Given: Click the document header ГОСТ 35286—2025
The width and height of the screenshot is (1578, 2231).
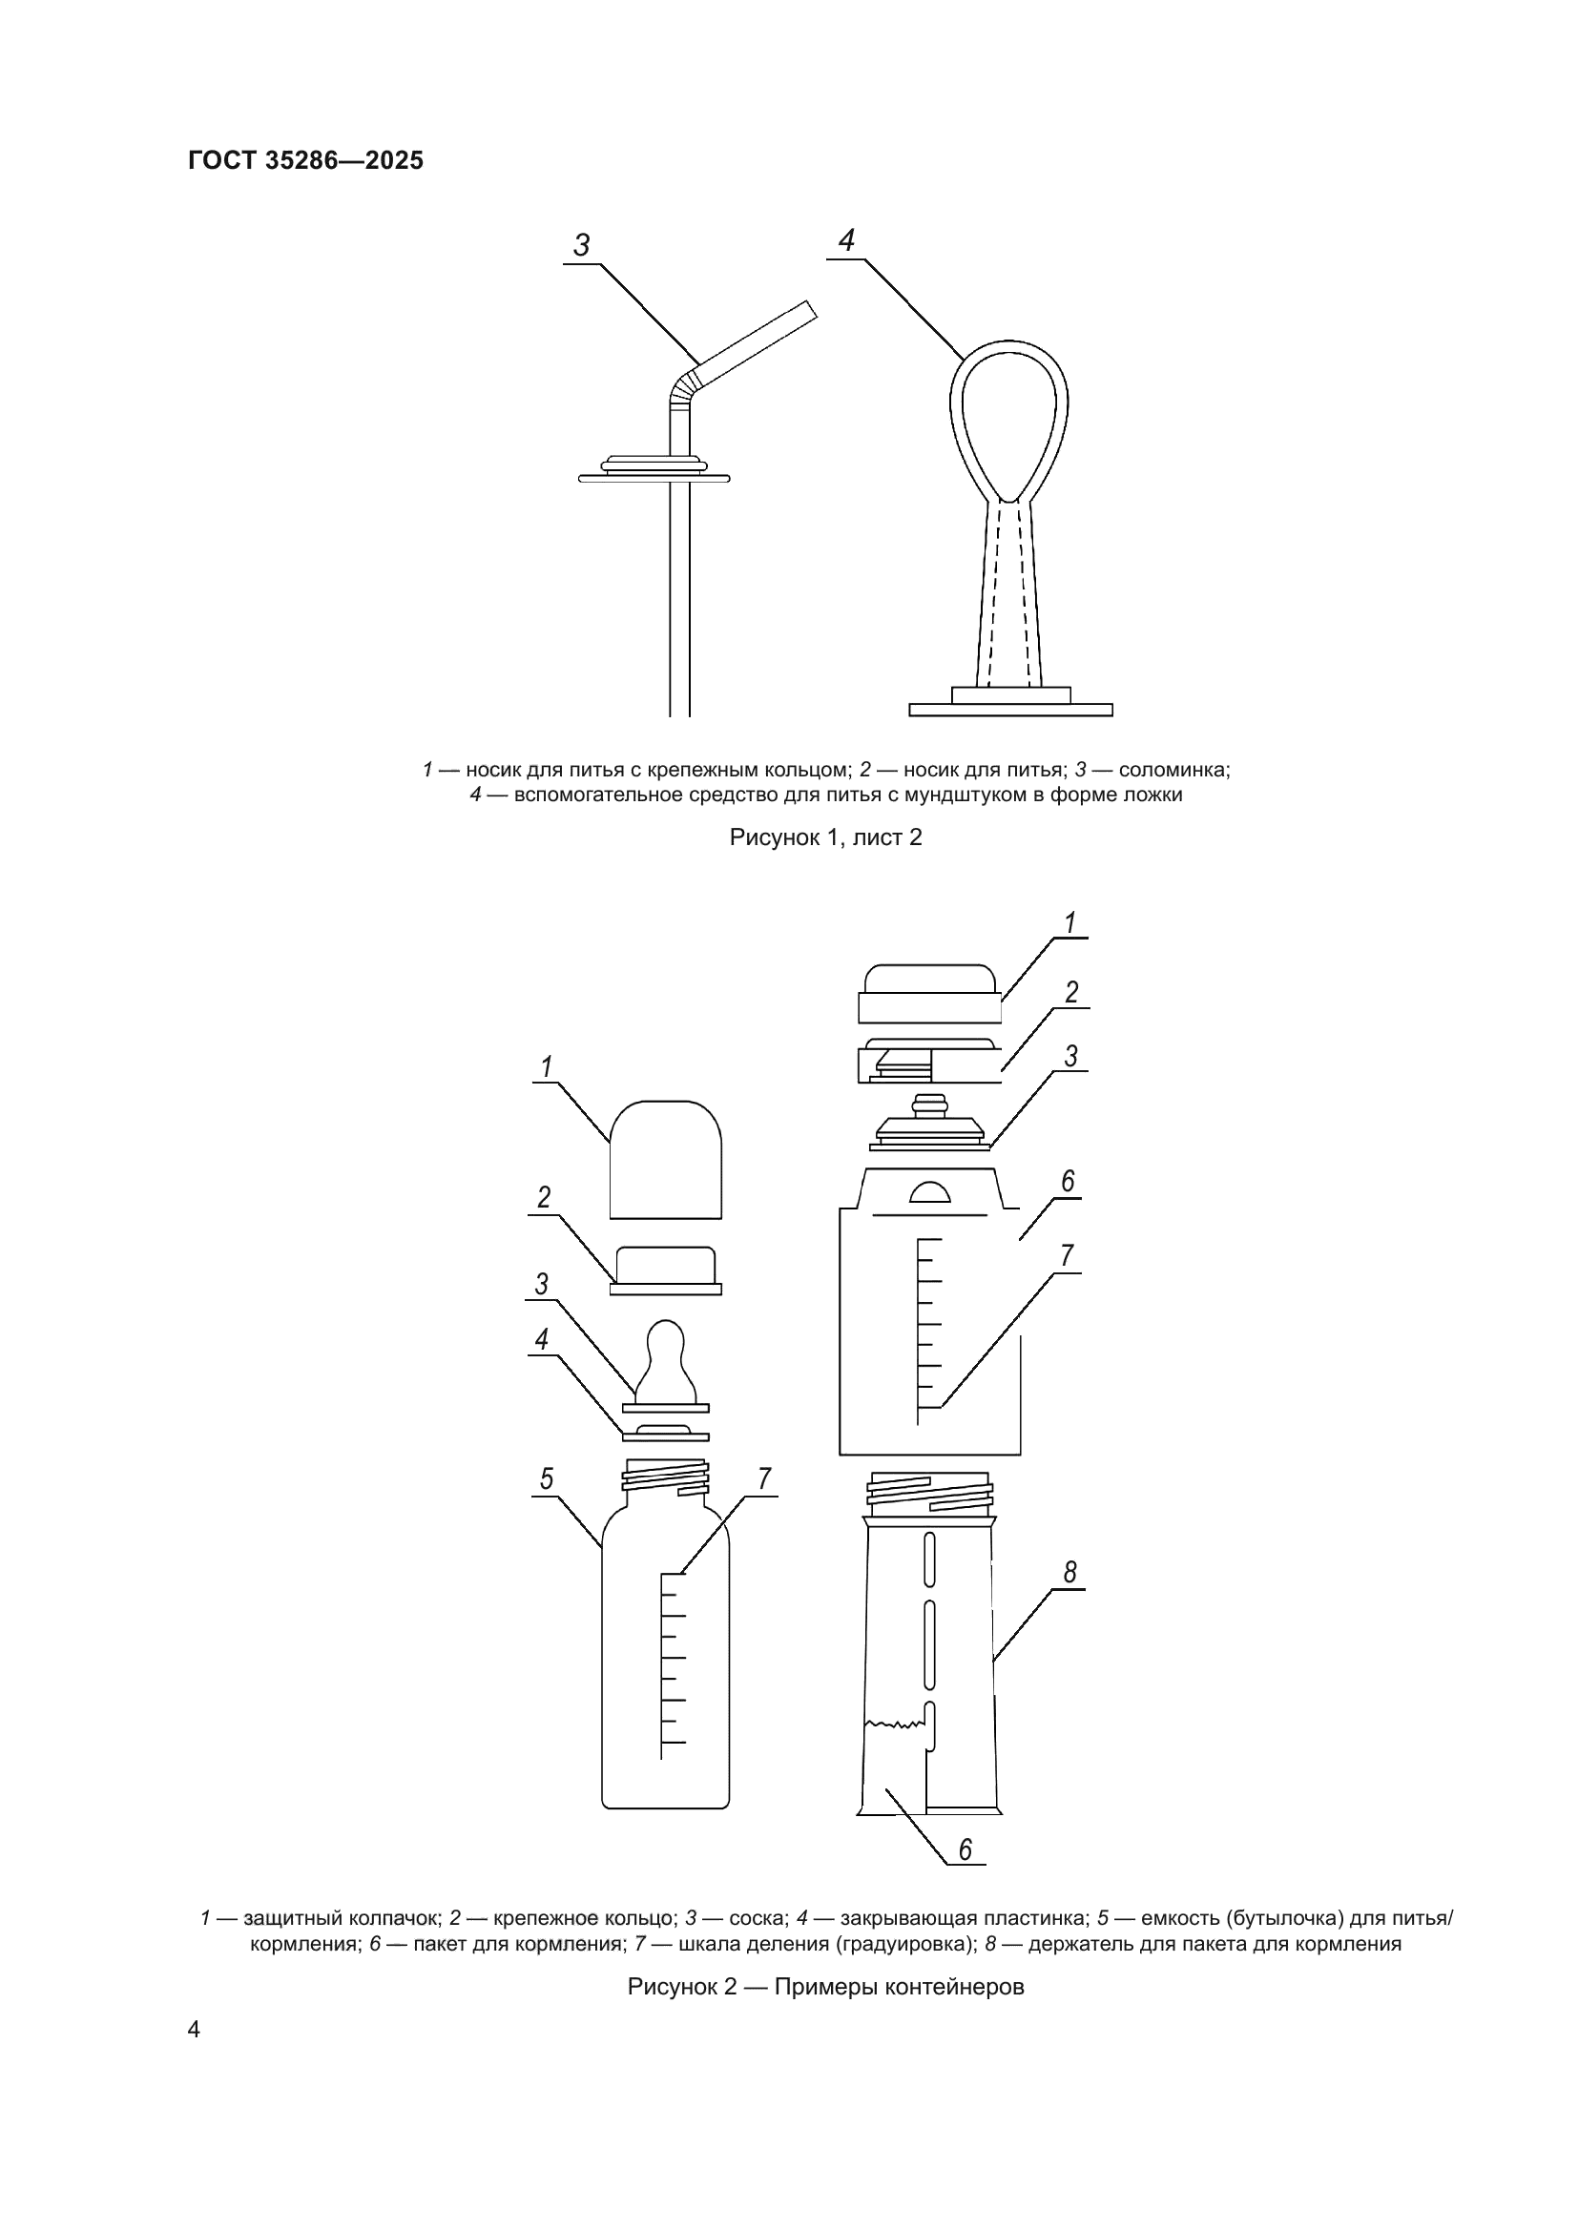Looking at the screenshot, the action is point(306,160).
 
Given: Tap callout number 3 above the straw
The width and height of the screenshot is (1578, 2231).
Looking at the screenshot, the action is point(582,246).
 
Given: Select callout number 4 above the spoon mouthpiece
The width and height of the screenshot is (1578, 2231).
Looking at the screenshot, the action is point(846,240).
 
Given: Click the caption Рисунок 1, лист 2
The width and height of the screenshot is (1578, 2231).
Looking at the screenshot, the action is point(826,837).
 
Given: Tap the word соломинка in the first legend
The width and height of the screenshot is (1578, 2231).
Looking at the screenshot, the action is point(1173,770).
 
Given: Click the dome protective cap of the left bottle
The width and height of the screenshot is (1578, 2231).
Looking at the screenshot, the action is point(666,1159).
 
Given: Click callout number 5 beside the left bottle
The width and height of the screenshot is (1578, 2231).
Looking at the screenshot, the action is point(547,1506).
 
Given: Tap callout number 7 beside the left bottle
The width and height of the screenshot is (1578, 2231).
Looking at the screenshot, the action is point(764,1506).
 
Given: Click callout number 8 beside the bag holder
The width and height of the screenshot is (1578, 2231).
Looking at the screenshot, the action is point(1069,1571).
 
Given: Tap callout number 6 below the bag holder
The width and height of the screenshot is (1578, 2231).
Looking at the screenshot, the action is point(965,1849).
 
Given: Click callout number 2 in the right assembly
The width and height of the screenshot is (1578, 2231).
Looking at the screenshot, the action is point(1071,992).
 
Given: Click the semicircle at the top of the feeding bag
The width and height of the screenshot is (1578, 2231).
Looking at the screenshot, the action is point(930,1193).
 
